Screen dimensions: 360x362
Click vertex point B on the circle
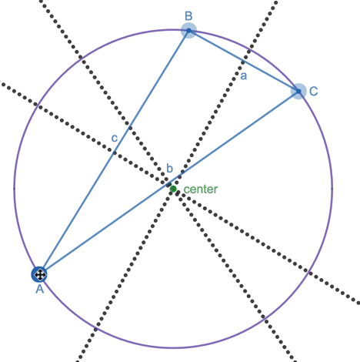click(x=188, y=31)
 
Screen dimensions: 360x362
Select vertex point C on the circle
click(x=298, y=91)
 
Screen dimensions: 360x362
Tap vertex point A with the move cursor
click(x=39, y=274)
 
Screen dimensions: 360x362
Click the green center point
click(x=173, y=189)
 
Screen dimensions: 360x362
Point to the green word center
click(x=201, y=189)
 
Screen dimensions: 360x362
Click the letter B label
click(x=188, y=16)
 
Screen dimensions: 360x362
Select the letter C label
click(x=313, y=91)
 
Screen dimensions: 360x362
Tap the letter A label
click(x=40, y=289)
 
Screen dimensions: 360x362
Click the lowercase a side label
click(x=244, y=76)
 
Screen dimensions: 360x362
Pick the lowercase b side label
click(x=170, y=169)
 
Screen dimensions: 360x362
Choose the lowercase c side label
click(x=115, y=138)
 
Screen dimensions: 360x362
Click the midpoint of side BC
click(x=244, y=61)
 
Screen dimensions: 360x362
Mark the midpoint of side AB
click(x=114, y=153)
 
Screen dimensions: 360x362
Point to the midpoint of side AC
click(x=169, y=183)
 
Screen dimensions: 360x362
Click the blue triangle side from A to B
click(x=114, y=153)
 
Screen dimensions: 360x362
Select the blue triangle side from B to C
click(x=244, y=61)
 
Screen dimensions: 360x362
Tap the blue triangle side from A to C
click(x=169, y=183)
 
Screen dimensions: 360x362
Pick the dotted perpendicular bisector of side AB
click(x=180, y=193)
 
